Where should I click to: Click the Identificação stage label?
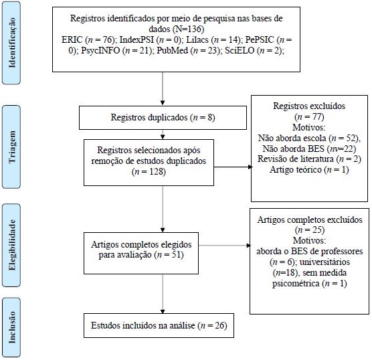point(11,43)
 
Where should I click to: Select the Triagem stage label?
point(11,147)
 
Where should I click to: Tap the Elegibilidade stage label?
point(11,245)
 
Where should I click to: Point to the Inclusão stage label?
point(11,327)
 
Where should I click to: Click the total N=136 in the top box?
point(189,29)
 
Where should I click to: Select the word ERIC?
point(72,39)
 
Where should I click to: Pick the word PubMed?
point(172,50)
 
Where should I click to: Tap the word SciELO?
point(240,50)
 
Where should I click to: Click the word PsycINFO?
point(100,50)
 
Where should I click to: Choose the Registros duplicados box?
point(163,118)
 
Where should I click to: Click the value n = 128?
point(149,171)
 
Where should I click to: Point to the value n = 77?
point(309,116)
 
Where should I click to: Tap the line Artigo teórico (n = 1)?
point(309,170)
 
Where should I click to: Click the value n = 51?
point(169,255)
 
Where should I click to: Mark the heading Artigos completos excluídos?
point(310,219)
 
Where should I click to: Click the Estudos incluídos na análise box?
point(159,325)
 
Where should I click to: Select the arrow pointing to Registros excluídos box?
point(233,167)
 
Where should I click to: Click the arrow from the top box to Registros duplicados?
point(163,88)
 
